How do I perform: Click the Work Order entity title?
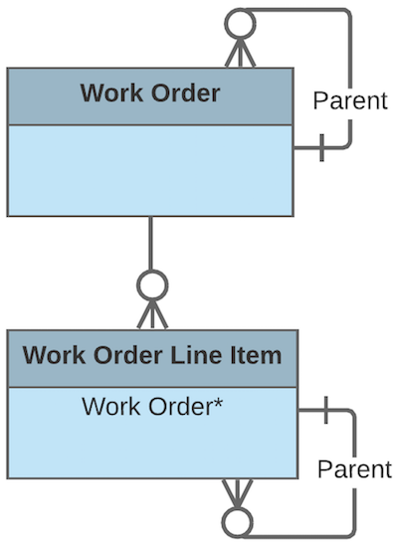click(149, 94)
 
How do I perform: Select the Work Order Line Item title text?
click(151, 355)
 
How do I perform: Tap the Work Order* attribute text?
click(151, 406)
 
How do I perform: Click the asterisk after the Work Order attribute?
click(216, 403)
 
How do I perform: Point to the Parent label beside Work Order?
click(349, 101)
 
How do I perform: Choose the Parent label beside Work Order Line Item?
click(354, 468)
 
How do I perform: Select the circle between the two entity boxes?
click(150, 285)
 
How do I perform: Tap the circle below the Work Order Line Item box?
click(239, 521)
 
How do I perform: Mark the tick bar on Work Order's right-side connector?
click(320, 149)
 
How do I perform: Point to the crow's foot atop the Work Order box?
click(239, 54)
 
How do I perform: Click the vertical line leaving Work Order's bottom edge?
click(150, 243)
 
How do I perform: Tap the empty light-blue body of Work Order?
click(149, 170)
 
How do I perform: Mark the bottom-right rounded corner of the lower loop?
click(353, 532)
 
